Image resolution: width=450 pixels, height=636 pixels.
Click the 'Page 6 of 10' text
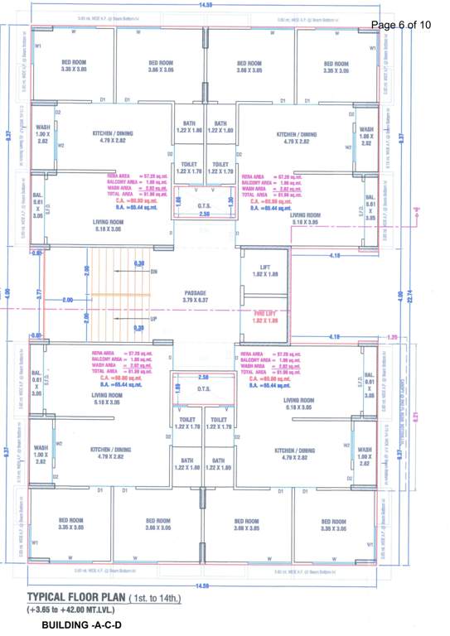[x=401, y=25]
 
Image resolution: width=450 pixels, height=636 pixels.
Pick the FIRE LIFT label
[x=264, y=312]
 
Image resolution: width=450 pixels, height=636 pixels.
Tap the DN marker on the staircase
[x=153, y=271]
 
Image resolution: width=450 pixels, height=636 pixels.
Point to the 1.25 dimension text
[x=393, y=337]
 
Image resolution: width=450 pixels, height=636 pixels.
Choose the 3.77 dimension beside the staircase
[x=38, y=293]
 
